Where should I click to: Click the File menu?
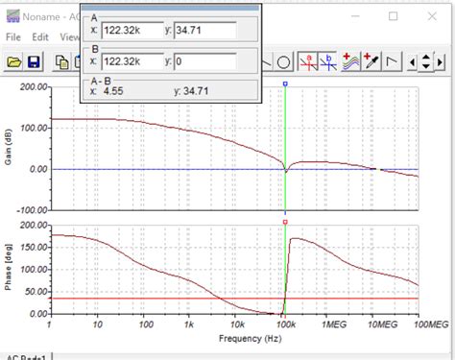(12, 36)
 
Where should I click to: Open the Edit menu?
(39, 36)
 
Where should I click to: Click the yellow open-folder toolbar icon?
(13, 62)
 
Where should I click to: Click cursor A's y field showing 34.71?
(206, 29)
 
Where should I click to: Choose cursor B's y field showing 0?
(206, 61)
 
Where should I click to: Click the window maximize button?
(395, 15)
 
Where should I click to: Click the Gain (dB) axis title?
(8, 148)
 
